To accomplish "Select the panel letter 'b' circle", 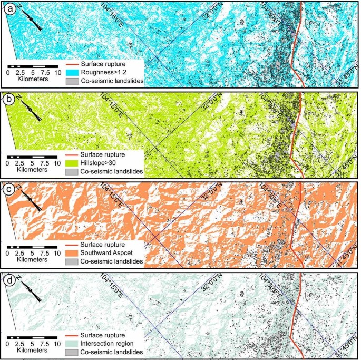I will pyautogui.click(x=9, y=99).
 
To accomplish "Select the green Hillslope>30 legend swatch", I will pyautogui.click(x=72, y=163).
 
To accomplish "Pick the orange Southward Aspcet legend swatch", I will pyautogui.click(x=72, y=254).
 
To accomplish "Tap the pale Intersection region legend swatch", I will pyautogui.click(x=72, y=344).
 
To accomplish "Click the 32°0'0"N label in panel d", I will pyautogui.click(x=210, y=286).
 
